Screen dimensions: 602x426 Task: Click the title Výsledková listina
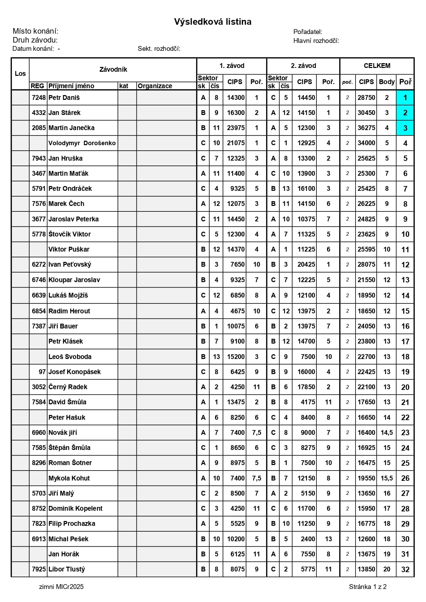click(213, 22)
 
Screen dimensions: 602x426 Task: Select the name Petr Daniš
click(64, 98)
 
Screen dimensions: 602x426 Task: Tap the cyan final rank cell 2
click(405, 113)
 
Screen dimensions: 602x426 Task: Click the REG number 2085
click(39, 128)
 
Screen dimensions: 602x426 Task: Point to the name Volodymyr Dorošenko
click(82, 143)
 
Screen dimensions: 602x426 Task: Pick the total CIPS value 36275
click(366, 128)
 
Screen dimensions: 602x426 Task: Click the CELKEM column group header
click(377, 66)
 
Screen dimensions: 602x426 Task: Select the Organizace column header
click(155, 86)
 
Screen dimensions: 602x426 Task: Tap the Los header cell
click(20, 74)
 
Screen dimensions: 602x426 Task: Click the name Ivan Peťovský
click(70, 265)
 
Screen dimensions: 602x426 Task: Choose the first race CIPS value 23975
click(236, 128)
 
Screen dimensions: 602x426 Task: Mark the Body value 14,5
click(387, 433)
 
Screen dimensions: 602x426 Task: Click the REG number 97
click(42, 372)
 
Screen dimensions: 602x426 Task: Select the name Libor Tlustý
click(67, 569)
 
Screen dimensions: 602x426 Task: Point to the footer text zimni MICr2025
click(61, 587)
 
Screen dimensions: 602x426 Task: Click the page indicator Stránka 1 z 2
click(368, 587)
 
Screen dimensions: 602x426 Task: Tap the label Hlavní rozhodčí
click(316, 41)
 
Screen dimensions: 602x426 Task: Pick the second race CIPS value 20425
click(306, 265)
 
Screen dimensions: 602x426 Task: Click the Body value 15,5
click(387, 478)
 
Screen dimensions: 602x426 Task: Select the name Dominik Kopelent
click(76, 509)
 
